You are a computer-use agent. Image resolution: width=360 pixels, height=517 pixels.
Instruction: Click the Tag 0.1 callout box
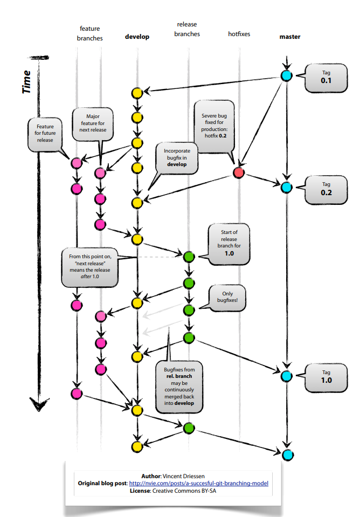326,78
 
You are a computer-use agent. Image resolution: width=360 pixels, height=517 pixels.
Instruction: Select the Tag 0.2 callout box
326,190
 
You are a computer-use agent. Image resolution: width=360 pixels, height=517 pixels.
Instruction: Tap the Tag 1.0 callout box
326,377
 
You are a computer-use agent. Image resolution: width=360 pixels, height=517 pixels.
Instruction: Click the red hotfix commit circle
239,173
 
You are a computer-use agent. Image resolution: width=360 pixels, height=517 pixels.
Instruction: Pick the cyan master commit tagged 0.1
287,76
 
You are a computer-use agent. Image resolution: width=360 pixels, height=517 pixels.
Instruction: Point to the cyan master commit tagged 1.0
287,376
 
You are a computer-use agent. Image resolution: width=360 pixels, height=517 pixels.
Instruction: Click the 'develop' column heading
137,37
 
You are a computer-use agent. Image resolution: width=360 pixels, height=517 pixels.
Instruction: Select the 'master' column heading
290,37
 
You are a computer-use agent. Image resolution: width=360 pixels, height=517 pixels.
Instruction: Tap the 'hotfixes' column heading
239,33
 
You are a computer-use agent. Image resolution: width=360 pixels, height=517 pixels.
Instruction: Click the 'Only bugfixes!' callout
227,298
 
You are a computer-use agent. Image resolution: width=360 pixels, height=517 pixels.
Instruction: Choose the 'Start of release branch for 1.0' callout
229,244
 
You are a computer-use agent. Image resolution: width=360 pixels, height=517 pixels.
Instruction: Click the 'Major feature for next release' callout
93,124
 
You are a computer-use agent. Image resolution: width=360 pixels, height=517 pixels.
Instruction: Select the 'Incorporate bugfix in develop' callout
177,158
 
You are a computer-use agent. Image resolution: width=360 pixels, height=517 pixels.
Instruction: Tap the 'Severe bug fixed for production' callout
214,127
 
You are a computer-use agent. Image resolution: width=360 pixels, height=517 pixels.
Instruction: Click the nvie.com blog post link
199,483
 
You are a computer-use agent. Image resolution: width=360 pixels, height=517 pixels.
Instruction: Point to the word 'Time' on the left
26,82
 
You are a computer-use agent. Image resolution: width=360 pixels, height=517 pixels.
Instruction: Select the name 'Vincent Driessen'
184,476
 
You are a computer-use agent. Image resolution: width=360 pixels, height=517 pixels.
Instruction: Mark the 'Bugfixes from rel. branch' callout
179,387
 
